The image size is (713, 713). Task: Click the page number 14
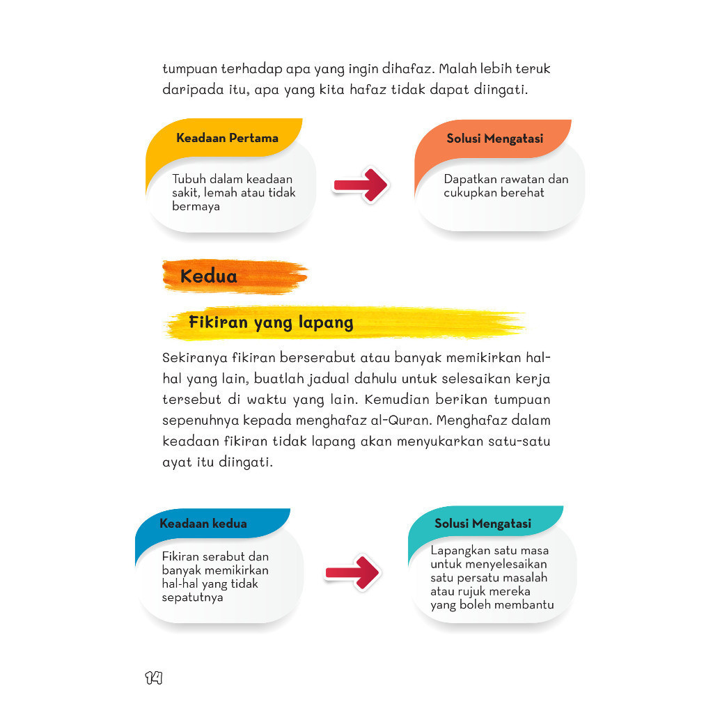point(154,677)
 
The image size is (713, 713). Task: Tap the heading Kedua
point(208,276)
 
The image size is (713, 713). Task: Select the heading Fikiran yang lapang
point(271,323)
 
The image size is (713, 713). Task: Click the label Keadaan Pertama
point(227,138)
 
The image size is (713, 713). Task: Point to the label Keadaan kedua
point(203,524)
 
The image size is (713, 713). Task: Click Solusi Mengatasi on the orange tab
point(494,139)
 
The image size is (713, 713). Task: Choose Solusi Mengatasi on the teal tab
point(483,524)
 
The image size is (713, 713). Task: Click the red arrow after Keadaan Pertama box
point(360,185)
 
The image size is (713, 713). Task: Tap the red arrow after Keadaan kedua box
point(353,572)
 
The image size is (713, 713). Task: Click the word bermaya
point(196,206)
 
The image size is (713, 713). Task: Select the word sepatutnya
point(192,597)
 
